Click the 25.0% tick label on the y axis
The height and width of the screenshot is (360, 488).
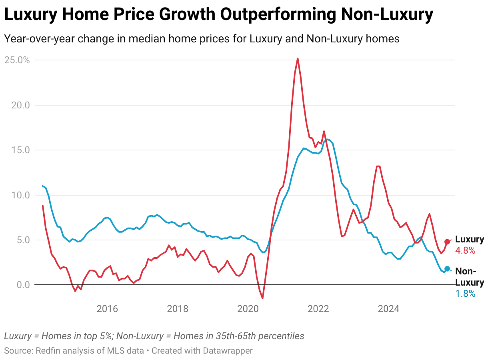click(17, 60)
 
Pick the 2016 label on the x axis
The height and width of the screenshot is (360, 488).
click(107, 309)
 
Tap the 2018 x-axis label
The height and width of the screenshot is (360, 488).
click(178, 309)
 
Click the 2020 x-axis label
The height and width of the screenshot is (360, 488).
click(248, 309)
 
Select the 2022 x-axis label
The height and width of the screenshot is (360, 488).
click(318, 309)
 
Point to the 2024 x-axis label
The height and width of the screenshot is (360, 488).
click(389, 309)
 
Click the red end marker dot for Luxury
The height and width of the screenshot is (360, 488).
click(447, 242)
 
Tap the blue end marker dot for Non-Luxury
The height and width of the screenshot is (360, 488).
click(447, 269)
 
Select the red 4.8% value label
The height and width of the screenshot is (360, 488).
click(465, 251)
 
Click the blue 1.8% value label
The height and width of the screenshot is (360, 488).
click(465, 294)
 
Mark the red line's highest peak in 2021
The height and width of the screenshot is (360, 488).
click(298, 58)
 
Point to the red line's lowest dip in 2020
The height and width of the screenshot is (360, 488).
click(262, 298)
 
